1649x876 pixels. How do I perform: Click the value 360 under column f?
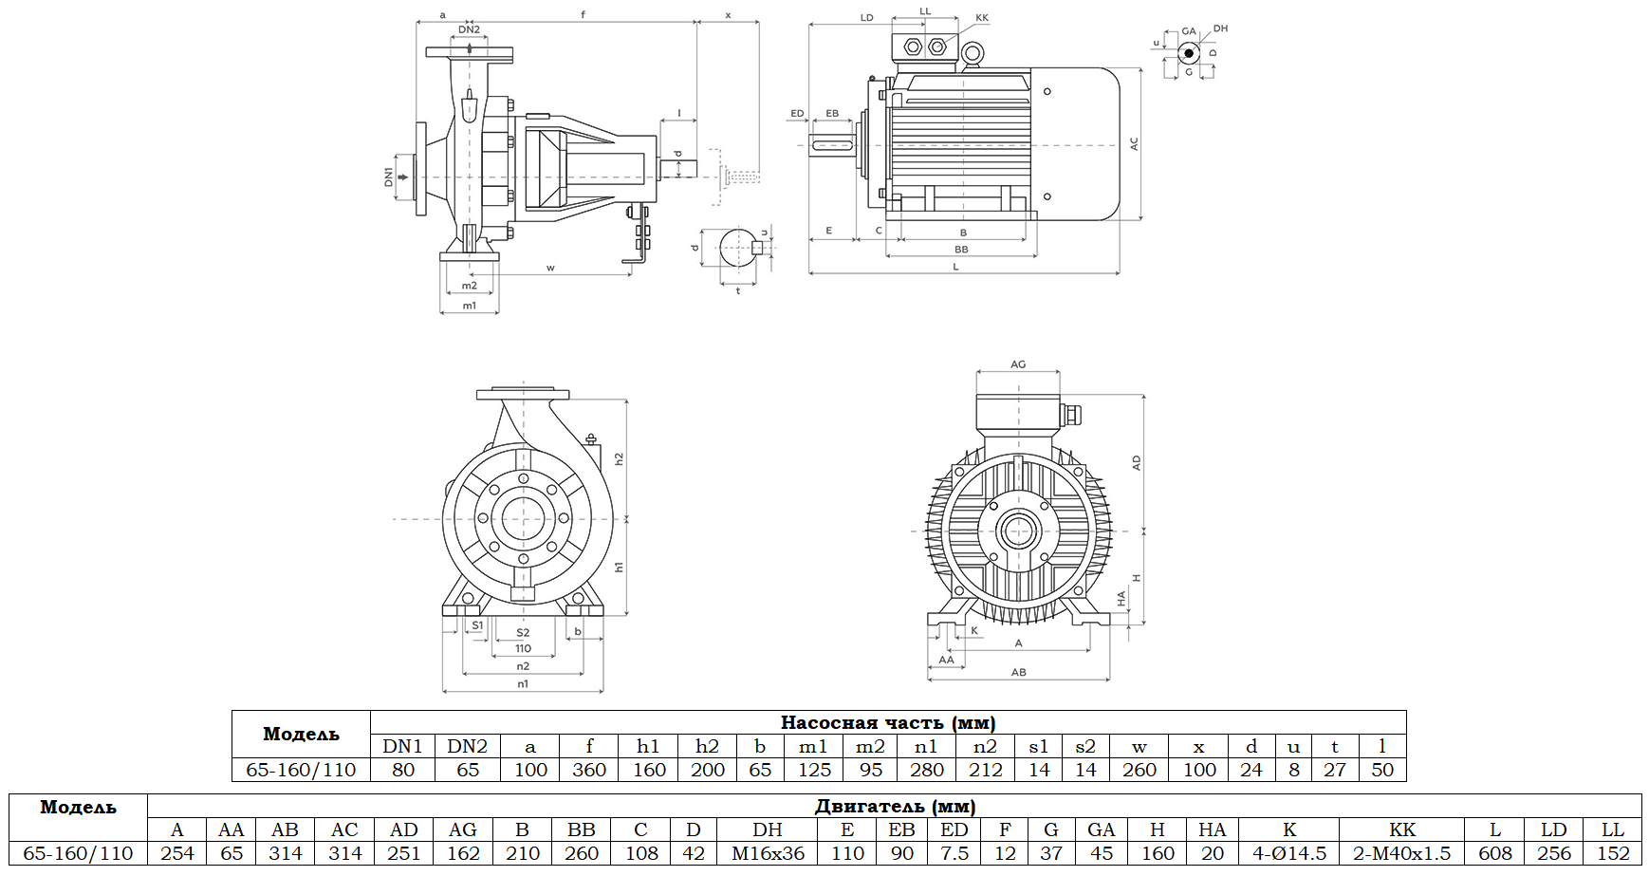[589, 770]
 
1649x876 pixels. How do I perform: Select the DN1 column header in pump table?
[402, 746]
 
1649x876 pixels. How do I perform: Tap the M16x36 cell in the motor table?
[768, 853]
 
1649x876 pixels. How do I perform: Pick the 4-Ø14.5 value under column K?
[1288, 853]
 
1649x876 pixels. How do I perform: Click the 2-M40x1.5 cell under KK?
[1401, 853]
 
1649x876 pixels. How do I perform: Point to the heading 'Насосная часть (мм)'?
[887, 722]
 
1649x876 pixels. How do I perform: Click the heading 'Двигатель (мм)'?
[895, 806]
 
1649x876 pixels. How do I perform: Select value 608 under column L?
[1495, 853]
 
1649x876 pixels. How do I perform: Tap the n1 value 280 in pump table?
[926, 770]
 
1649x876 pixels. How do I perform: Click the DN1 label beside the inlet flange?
[389, 177]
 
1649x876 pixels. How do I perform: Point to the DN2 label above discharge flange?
[469, 29]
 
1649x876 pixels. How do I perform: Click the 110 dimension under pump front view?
[523, 649]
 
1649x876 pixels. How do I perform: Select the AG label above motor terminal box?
[1018, 364]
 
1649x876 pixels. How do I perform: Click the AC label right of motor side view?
[1134, 143]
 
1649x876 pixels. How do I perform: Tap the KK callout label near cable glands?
[982, 18]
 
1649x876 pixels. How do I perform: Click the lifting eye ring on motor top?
[972, 55]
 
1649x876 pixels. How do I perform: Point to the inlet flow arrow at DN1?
[403, 177]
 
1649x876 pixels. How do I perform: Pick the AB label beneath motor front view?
[1018, 672]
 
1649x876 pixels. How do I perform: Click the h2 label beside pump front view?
[619, 458]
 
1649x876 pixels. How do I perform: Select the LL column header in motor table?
[1612, 829]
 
